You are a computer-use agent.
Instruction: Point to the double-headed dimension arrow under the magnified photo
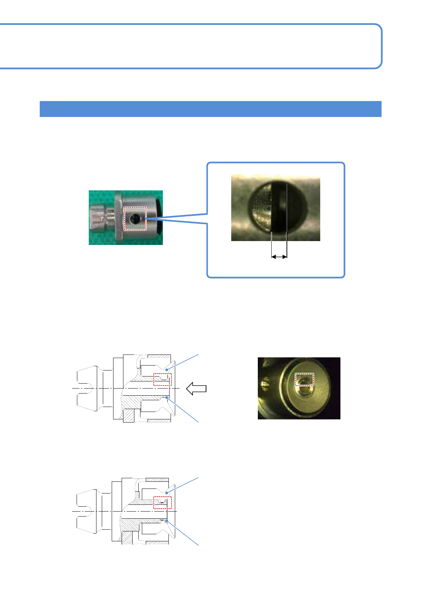click(x=279, y=257)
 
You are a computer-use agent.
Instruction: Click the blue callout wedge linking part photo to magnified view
click(x=177, y=218)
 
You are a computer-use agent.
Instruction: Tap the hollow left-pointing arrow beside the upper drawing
click(x=196, y=389)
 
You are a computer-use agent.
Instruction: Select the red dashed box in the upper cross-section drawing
click(x=162, y=379)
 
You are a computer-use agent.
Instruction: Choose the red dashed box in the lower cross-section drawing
click(x=162, y=503)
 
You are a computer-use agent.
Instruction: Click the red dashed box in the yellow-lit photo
click(x=305, y=379)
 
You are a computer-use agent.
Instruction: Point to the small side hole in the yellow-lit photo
click(x=264, y=383)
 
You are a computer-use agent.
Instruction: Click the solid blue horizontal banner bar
click(x=210, y=109)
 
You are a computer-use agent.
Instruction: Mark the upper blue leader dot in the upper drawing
click(x=167, y=370)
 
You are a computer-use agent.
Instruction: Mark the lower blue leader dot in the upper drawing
click(x=167, y=398)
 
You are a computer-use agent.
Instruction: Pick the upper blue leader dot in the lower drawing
click(x=166, y=493)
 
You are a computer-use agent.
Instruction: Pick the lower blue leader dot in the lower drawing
click(x=166, y=521)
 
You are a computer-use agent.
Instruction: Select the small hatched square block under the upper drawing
click(x=129, y=415)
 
